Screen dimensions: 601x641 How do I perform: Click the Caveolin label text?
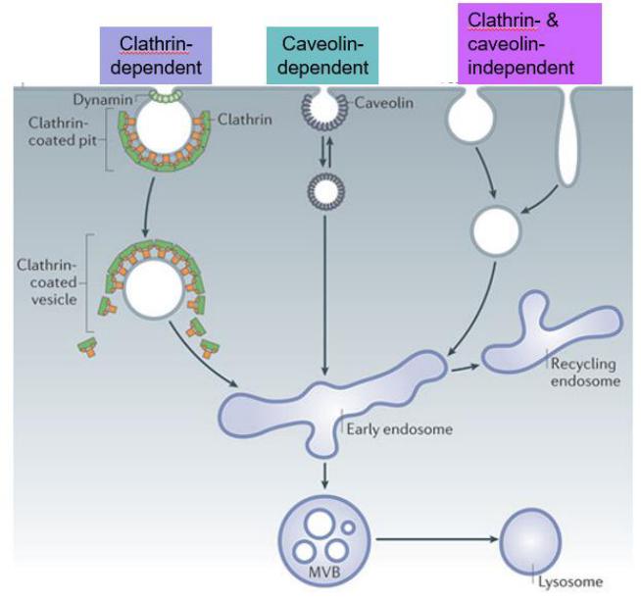[x=383, y=102]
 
